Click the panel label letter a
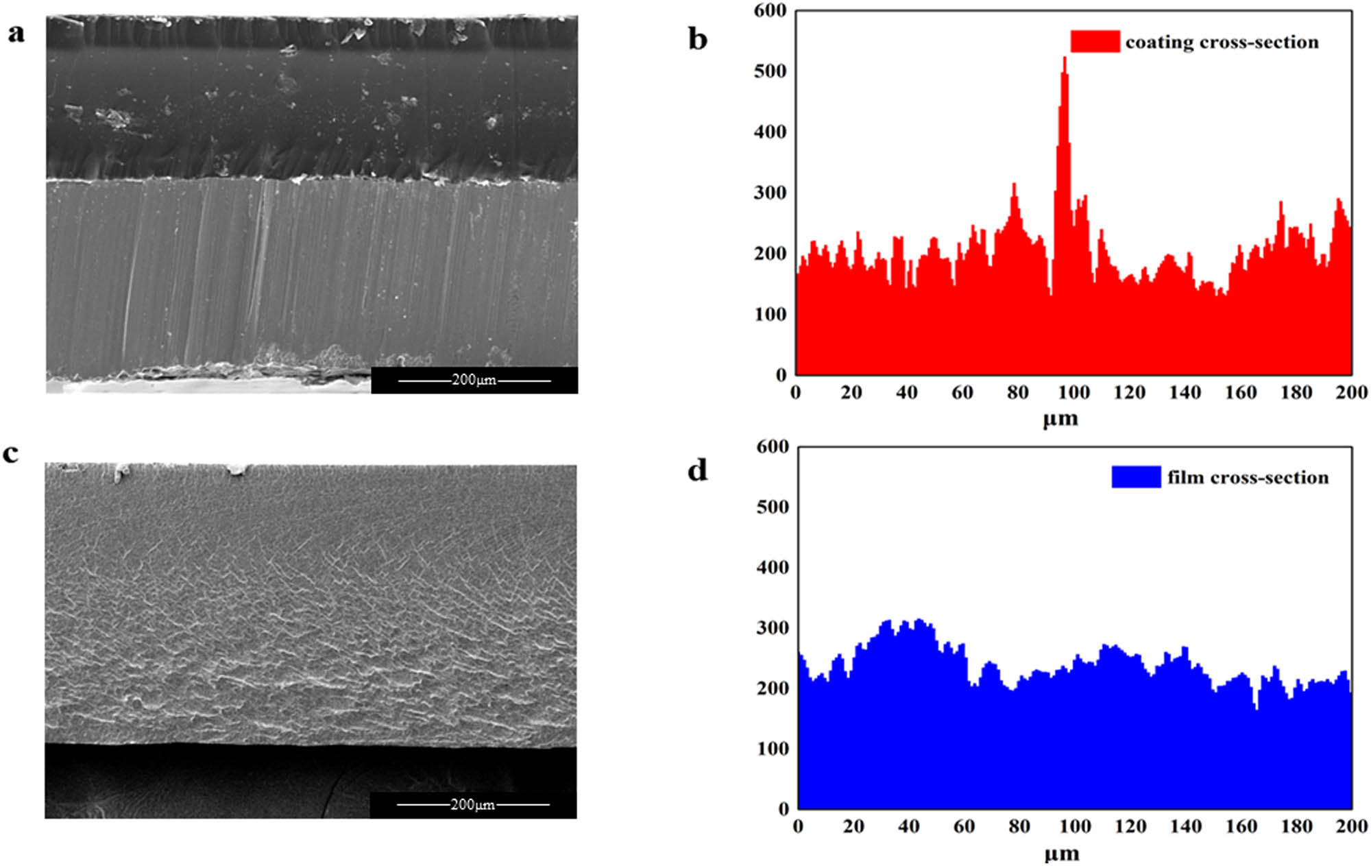pos(16,33)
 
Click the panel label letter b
pos(697,40)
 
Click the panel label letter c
pos(10,454)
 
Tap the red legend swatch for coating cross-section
pos(1095,42)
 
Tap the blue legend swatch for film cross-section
pos(1135,477)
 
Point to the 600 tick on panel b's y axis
pos(770,11)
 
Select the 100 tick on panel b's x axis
pos(1073,393)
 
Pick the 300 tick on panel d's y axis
pos(773,628)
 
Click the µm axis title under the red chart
pos(1060,418)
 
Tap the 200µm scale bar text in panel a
pos(474,380)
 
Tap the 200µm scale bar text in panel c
pos(472,804)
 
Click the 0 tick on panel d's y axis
pos(783,809)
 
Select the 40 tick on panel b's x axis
pos(906,393)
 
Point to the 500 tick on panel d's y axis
pos(773,507)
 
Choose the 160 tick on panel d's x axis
pos(1241,826)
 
